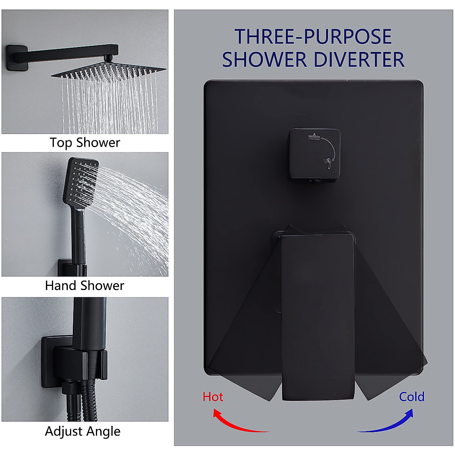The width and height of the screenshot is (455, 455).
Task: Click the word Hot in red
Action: [x=213, y=397]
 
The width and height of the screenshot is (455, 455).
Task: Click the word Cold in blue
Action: [x=411, y=397]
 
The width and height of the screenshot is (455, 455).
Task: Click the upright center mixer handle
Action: [x=318, y=315]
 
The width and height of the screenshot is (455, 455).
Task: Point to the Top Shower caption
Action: [x=85, y=143]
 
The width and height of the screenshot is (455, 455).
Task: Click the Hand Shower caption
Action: [x=85, y=286]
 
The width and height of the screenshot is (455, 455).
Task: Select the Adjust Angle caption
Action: [x=83, y=431]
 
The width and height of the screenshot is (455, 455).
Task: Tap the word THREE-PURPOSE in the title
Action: [x=313, y=37]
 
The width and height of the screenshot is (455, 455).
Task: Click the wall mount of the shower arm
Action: [x=17, y=58]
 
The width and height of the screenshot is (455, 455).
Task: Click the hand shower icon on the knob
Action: [x=326, y=164]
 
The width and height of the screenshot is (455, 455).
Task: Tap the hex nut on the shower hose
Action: [x=71, y=389]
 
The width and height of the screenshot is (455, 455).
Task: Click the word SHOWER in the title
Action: [x=264, y=60]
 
